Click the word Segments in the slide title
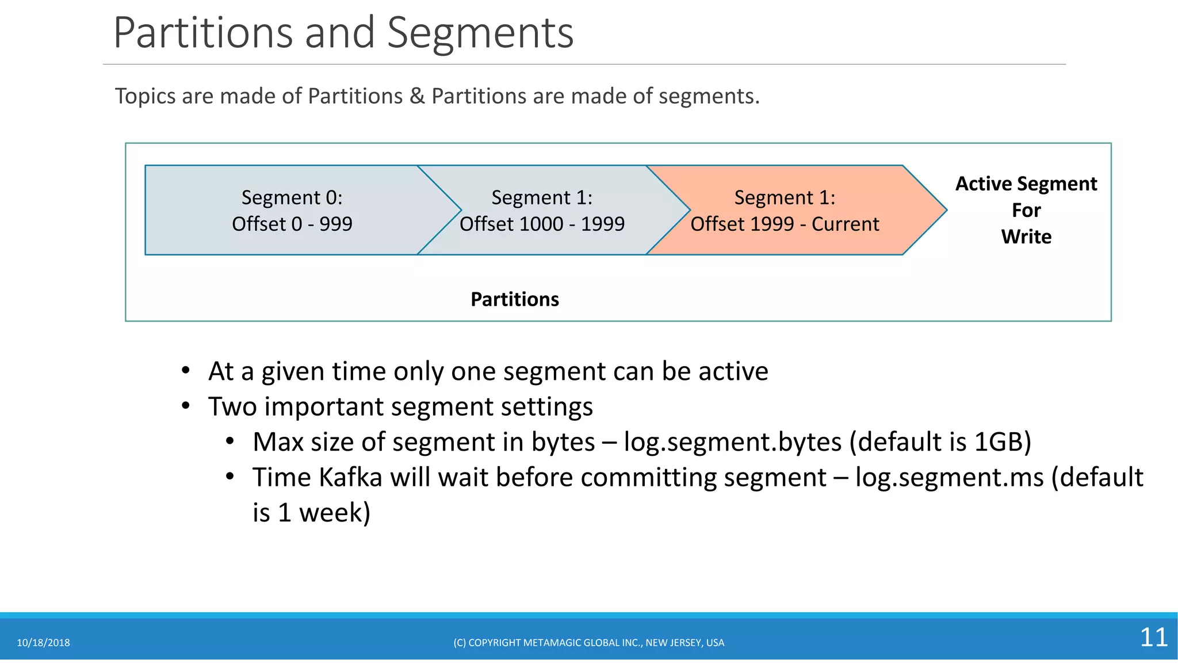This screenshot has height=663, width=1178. point(480,33)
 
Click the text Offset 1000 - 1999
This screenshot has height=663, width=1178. point(542,224)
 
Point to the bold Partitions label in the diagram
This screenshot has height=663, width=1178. point(515,299)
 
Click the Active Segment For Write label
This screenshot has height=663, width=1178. point(1026,210)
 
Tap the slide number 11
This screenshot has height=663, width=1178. point(1153,637)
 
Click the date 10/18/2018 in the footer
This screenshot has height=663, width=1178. point(43,643)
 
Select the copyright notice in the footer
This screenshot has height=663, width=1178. point(588,643)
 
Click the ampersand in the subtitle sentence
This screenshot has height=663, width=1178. point(417,96)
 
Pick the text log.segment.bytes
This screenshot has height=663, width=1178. point(733,442)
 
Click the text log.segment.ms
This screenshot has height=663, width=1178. point(949,478)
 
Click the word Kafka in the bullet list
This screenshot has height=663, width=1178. point(350,478)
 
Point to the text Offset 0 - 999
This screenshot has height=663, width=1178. point(292,224)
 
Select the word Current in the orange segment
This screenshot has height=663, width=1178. point(845,224)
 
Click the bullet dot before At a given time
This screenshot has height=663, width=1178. point(185,371)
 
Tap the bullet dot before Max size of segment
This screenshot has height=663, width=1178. point(230,441)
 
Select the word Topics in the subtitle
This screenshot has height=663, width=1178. point(145,96)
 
